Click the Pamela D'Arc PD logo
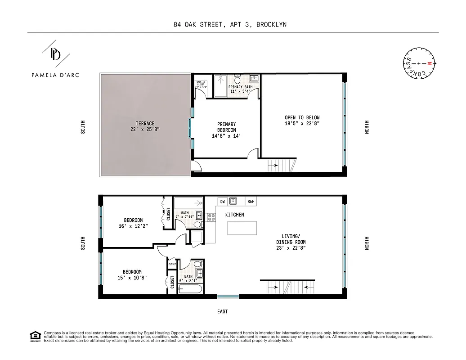[x=55, y=54]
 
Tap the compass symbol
[x=419, y=64]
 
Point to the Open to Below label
[x=302, y=121]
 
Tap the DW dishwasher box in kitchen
[x=222, y=201]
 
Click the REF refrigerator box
[x=251, y=201]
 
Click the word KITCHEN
[x=234, y=215]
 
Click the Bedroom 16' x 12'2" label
[x=133, y=223]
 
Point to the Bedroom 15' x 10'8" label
[x=132, y=275]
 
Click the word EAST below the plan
[x=222, y=311]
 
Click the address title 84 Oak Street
[x=229, y=25]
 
